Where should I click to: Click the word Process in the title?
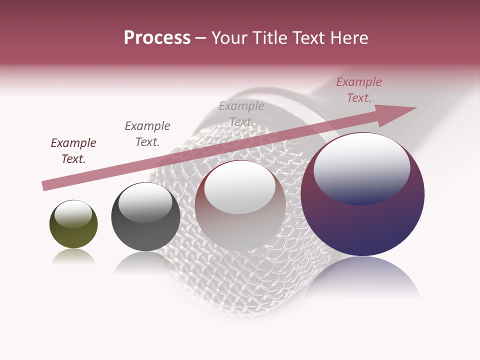click(157, 38)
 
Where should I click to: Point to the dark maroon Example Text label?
click(73, 151)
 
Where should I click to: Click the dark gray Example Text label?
click(147, 134)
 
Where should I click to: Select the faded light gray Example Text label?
click(241, 114)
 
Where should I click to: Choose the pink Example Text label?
click(359, 90)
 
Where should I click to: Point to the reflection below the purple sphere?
click(362, 277)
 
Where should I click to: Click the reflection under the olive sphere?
click(73, 257)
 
